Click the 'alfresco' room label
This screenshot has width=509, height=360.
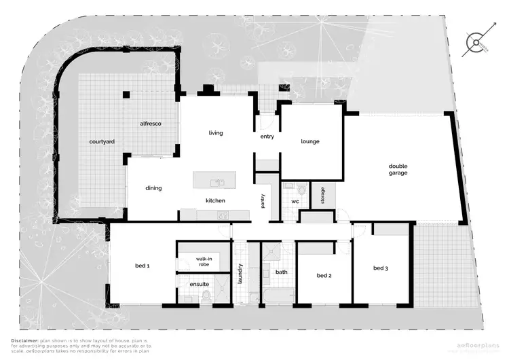tap(149, 124)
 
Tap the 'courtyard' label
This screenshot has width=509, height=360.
tap(101, 142)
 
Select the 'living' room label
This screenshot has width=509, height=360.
tap(216, 133)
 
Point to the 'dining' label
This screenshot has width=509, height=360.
tap(153, 188)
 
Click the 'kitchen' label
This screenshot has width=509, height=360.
tap(215, 201)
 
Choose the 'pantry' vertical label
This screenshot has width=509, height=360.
tap(262, 201)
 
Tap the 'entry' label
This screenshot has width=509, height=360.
tap(267, 137)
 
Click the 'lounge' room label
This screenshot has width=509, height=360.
tap(310, 141)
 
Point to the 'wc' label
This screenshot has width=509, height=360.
tap(295, 202)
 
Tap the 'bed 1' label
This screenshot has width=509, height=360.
tap(140, 266)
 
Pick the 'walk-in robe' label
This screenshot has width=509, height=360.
tap(204, 261)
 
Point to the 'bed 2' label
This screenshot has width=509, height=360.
tap(324, 276)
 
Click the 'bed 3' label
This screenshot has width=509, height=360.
tap(380, 268)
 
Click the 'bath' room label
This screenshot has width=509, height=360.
tap(282, 272)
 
